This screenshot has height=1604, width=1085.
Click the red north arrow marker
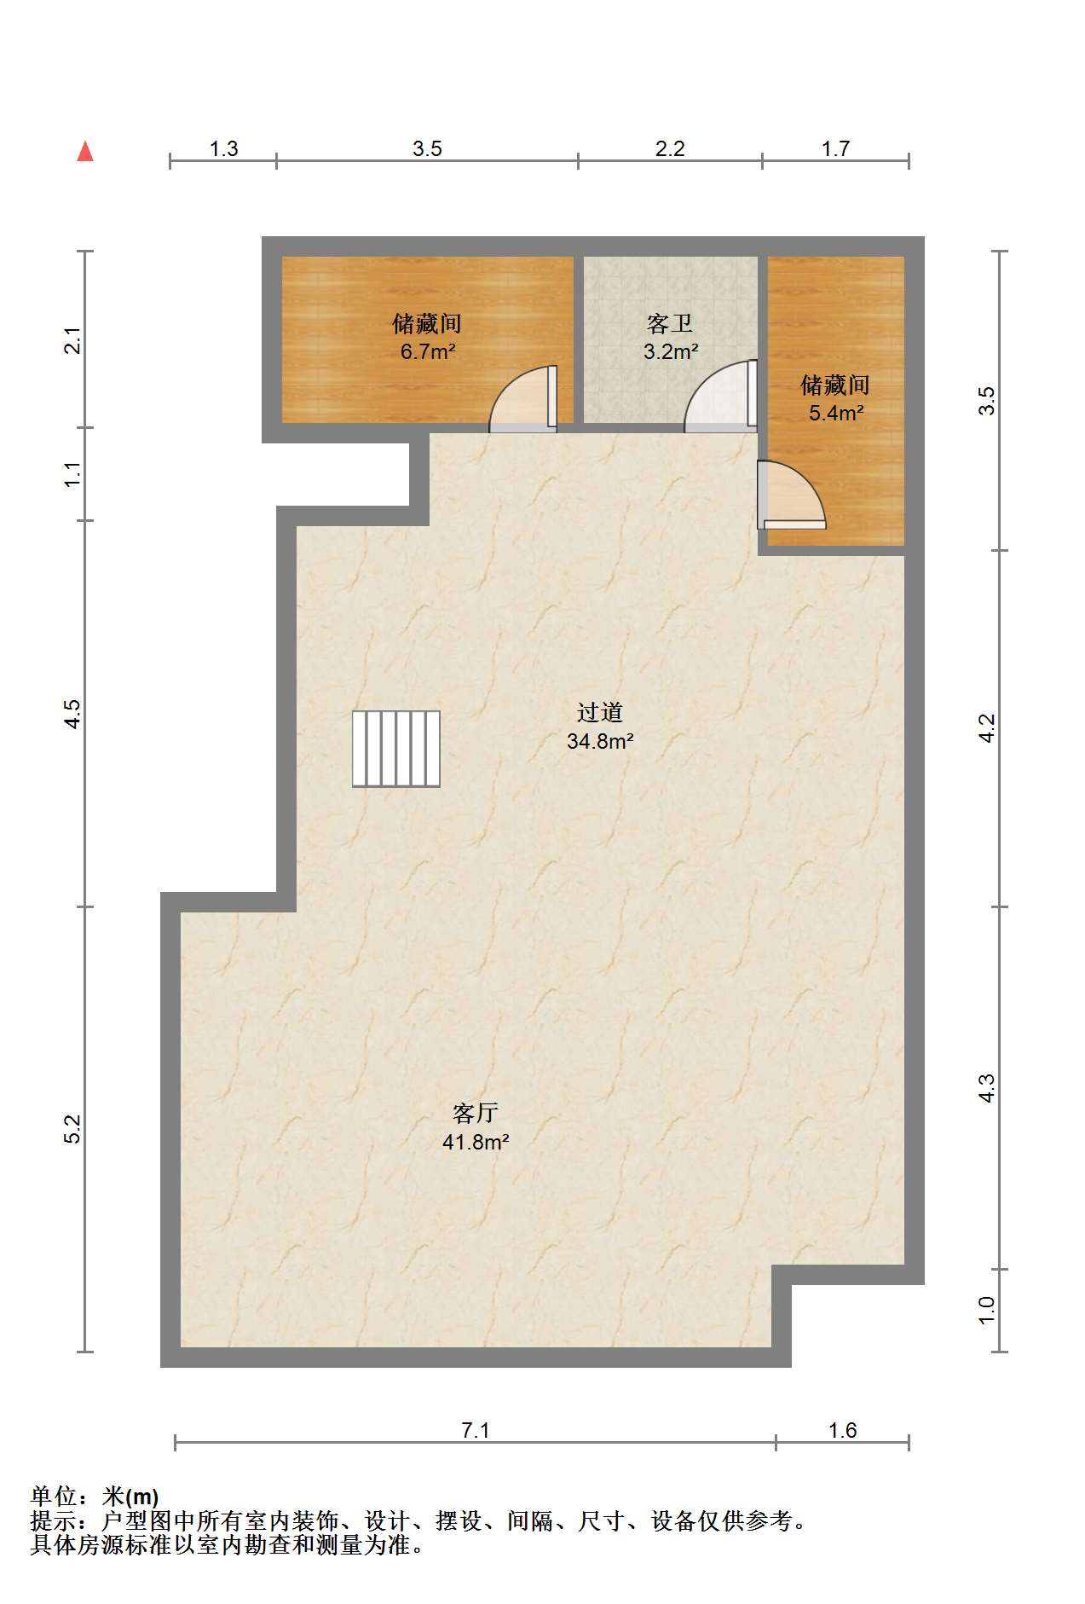85,151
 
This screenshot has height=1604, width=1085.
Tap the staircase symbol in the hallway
396,749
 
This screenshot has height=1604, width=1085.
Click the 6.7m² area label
428,351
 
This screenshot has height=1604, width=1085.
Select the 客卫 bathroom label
670,324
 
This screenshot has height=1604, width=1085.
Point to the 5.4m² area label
836,413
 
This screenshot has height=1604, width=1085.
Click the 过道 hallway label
600,713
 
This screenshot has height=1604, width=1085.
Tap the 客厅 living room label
476,1113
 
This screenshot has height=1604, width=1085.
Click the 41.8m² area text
476,1142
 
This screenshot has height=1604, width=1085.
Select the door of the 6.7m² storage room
523,398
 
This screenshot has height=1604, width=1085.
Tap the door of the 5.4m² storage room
791,495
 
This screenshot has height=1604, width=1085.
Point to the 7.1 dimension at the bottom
476,1430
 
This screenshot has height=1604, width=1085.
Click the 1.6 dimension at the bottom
842,1430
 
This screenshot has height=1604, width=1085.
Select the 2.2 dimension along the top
670,148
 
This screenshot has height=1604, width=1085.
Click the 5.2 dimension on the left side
73,1129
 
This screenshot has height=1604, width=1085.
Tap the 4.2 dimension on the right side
986,728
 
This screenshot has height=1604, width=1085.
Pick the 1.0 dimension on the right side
986,1310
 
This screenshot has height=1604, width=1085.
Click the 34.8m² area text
600,741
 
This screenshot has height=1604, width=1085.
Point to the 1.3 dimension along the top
223,148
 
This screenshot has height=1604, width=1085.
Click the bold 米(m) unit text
130,1496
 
